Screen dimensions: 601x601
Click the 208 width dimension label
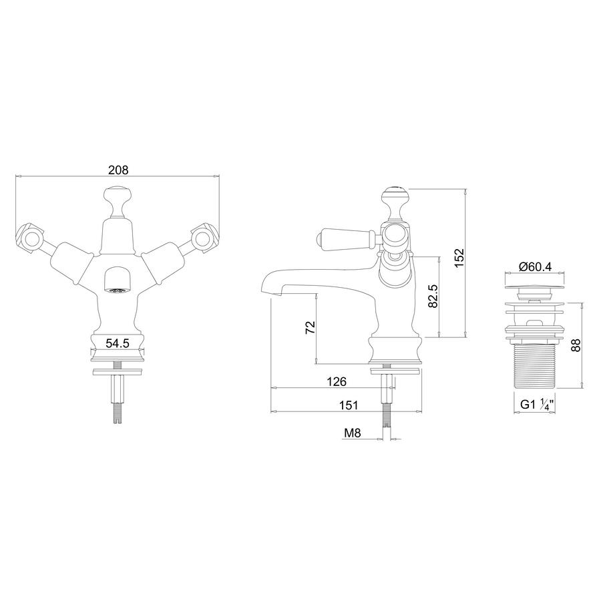pyautogui.click(x=118, y=170)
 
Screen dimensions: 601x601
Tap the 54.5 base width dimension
pyautogui.click(x=118, y=343)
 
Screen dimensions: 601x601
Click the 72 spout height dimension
pyautogui.click(x=310, y=327)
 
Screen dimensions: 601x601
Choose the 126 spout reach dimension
pyautogui.click(x=337, y=381)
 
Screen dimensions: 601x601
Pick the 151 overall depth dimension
pyautogui.click(x=348, y=405)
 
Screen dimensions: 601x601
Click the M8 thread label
pyautogui.click(x=353, y=433)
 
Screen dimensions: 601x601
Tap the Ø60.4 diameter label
pyautogui.click(x=535, y=266)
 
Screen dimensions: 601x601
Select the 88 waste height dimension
pyautogui.click(x=576, y=345)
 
